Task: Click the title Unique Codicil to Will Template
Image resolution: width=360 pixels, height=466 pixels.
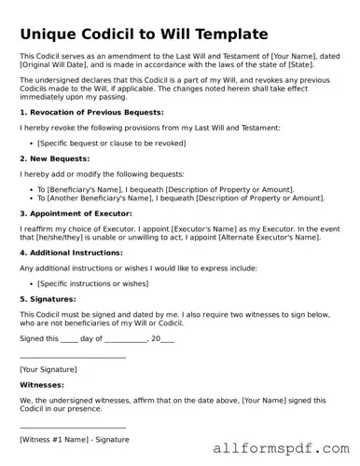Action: tap(143, 34)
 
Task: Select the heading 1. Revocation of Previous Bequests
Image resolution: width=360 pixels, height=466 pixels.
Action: tap(90, 112)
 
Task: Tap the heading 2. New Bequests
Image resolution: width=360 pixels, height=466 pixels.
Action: tap(54, 158)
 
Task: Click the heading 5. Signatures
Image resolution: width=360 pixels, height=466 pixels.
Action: tap(51, 298)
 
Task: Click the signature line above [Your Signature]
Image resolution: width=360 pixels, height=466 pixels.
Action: tap(73, 357)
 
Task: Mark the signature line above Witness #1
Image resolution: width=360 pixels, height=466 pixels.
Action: tap(73, 427)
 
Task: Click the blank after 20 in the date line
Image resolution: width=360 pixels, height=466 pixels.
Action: tap(167, 339)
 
